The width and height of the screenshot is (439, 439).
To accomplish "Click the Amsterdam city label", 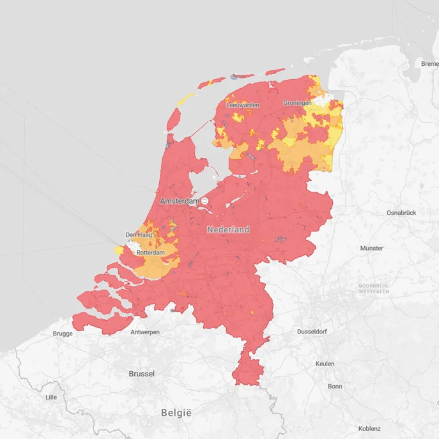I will point(180,201).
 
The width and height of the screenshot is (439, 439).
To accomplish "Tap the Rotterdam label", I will point(151,253).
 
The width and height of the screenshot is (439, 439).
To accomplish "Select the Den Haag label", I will point(138,235).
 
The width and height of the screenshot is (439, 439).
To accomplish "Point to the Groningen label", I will point(297,103).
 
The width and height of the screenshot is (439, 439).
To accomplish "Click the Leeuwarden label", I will point(243,105).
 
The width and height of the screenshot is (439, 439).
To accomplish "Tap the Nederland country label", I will point(228,229).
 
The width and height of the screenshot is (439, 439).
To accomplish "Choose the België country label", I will point(176,413).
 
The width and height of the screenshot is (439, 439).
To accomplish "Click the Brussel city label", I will point(141,374).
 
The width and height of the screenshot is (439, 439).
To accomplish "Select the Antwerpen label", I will point(145,333).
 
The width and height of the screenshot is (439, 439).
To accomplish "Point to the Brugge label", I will point(63,334).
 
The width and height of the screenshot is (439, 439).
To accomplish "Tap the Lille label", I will point(51,397).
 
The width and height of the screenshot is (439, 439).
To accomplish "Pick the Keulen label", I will point(325,364).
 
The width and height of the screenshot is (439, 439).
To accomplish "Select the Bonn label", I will point(335,387).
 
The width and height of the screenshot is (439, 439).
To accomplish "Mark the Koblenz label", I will point(369,429).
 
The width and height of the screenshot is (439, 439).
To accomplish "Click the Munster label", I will point(371,248).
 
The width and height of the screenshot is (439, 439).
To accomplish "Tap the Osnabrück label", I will point(401,213).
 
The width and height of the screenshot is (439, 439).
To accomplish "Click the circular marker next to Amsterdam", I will point(205,201).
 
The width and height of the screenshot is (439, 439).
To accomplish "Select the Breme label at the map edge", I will point(429,63).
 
